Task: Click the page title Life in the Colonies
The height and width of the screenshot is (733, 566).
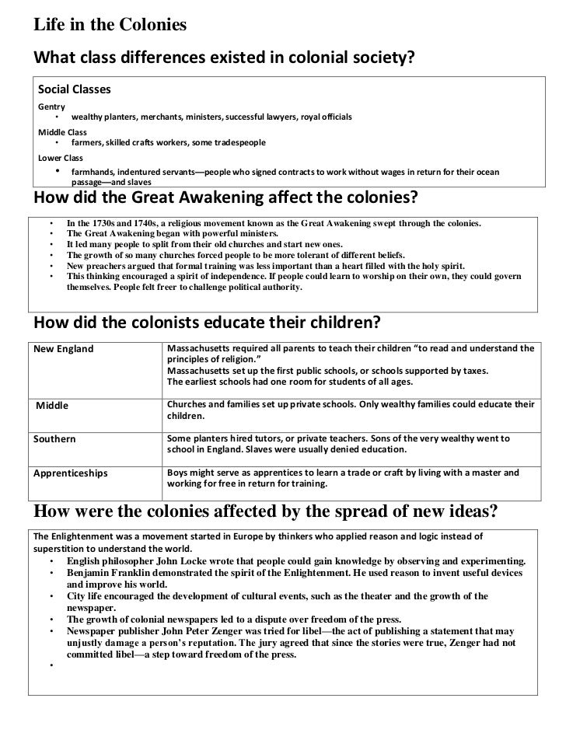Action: [x=110, y=25]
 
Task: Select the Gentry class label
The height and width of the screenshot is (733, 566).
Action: [x=53, y=106]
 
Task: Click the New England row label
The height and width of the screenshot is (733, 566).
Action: [x=63, y=349]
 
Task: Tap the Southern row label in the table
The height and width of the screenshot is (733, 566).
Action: [x=54, y=439]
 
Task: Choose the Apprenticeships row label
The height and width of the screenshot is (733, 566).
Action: [x=70, y=472]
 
